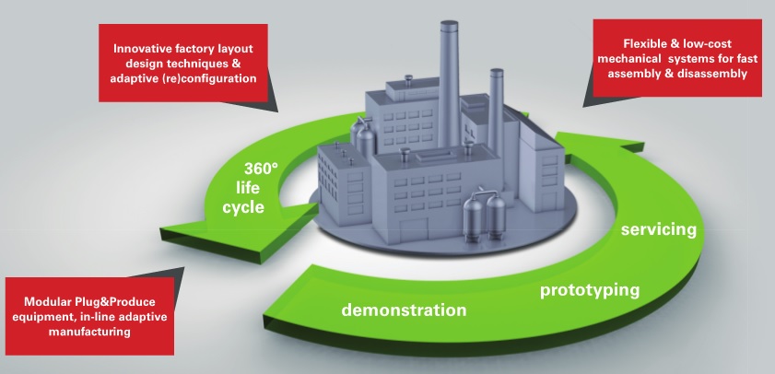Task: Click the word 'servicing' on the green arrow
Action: (657, 228)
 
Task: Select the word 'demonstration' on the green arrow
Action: (404, 309)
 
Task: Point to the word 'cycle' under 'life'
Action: (243, 207)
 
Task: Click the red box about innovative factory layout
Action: (188, 64)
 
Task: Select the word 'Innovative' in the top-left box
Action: (145, 48)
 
